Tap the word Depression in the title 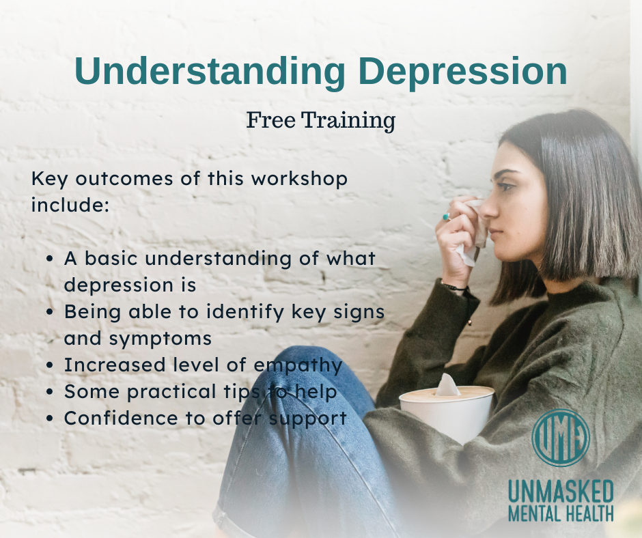462,70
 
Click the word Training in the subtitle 348,121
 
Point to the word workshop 299,178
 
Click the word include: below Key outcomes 70,205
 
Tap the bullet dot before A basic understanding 50,259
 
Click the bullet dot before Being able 50,313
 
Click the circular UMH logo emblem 561,438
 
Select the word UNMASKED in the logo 561,492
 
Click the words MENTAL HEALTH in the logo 561,513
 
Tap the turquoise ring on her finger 446,216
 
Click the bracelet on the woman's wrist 453,287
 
